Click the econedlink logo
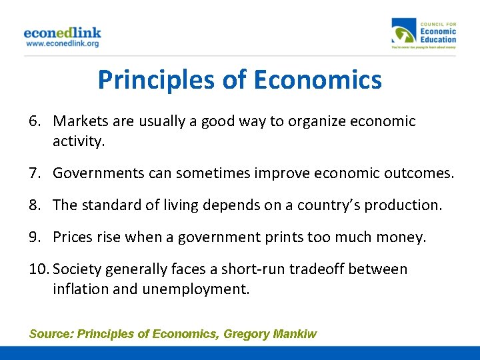click(x=62, y=33)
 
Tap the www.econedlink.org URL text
click(x=62, y=43)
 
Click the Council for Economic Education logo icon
click(x=404, y=33)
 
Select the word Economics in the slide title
click(x=319, y=80)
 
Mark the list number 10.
click(x=39, y=269)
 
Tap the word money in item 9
click(x=402, y=237)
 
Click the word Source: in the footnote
click(x=51, y=333)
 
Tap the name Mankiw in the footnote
click(x=295, y=333)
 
